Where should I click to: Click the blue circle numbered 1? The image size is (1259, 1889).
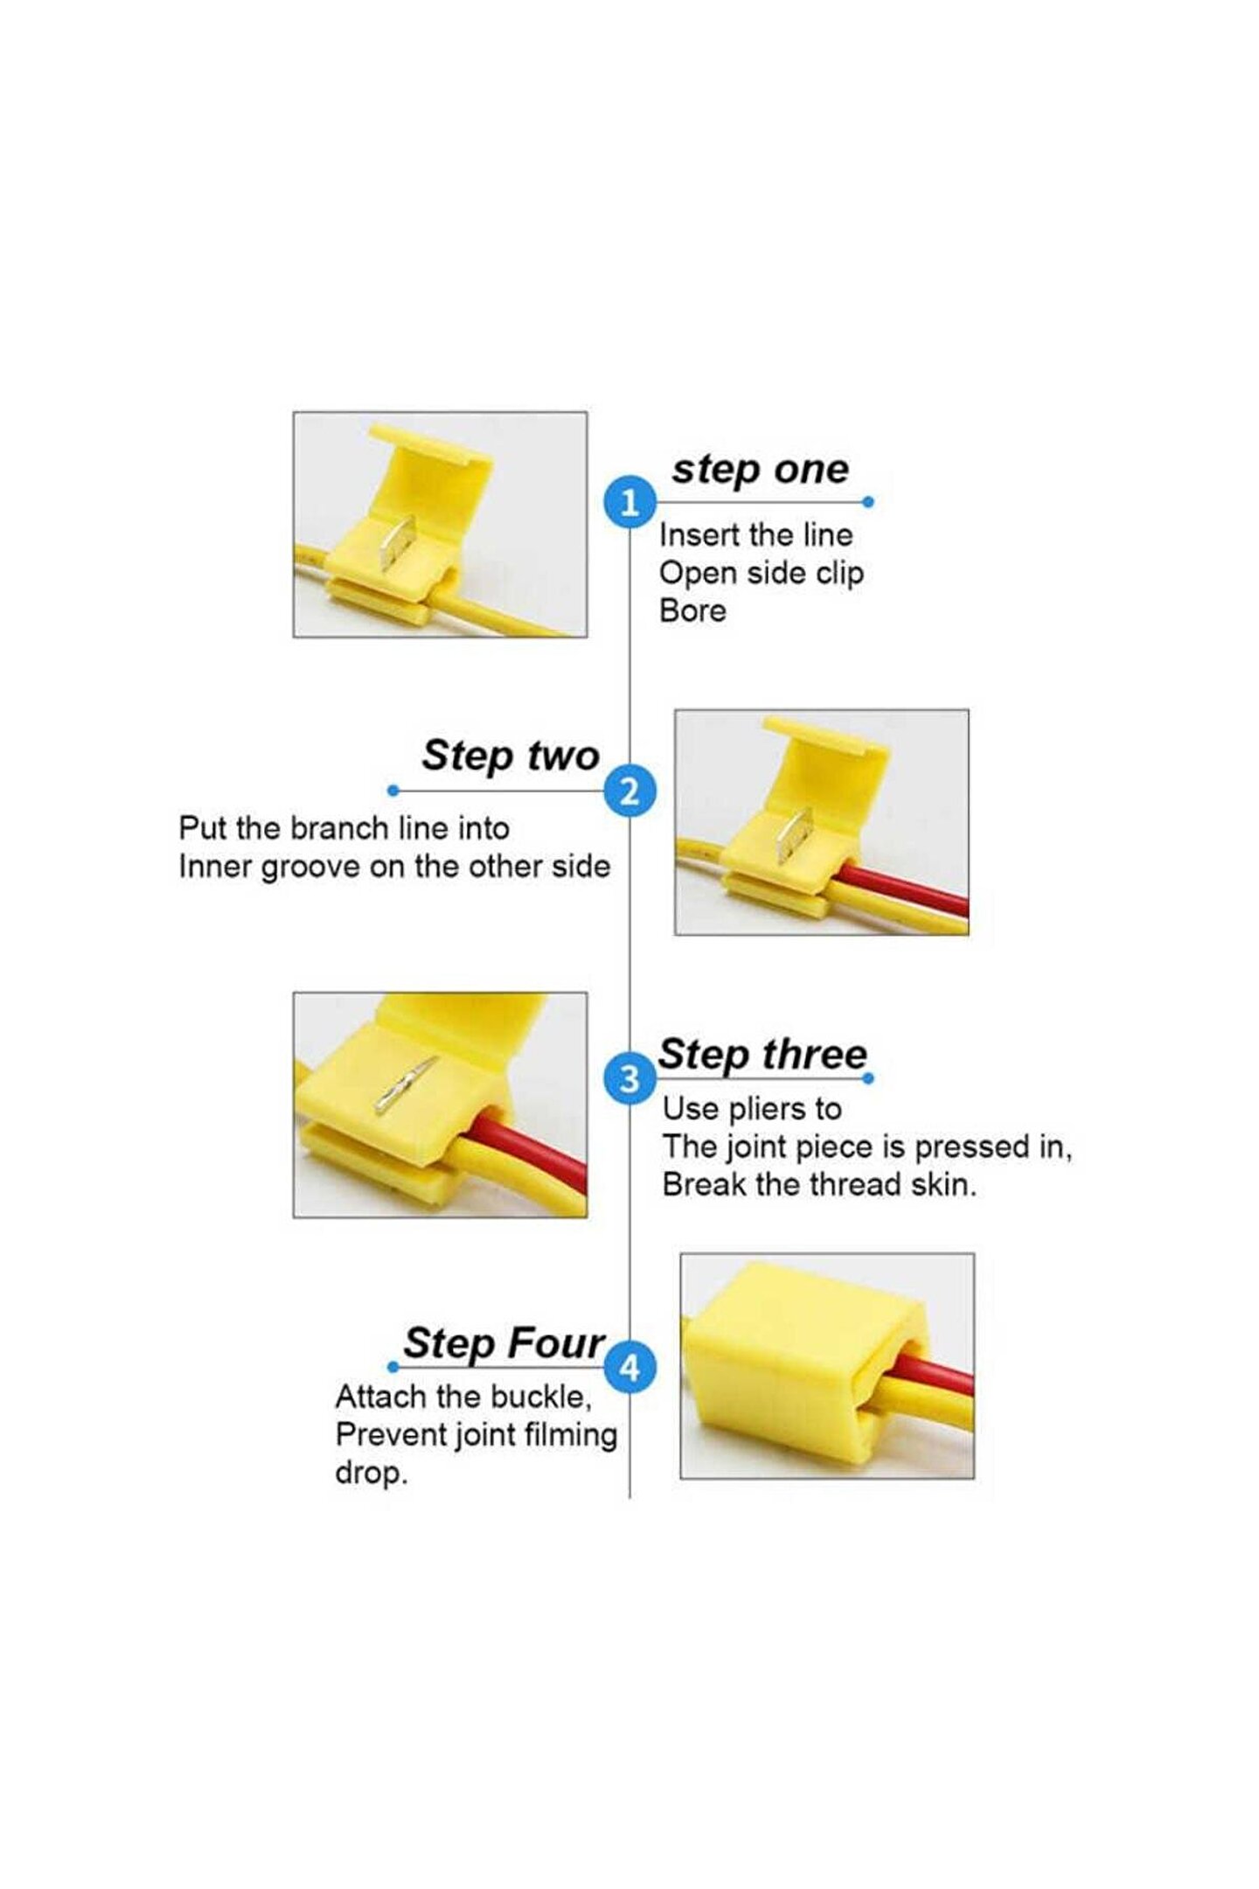(x=629, y=502)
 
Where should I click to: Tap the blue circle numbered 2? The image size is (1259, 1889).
(x=629, y=791)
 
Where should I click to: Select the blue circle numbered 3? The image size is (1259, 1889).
(x=629, y=1078)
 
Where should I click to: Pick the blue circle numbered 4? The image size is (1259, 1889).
(x=629, y=1367)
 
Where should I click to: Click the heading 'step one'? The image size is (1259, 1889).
(x=760, y=471)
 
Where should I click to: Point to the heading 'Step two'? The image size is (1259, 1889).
(x=511, y=756)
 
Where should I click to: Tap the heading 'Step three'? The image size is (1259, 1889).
(x=762, y=1054)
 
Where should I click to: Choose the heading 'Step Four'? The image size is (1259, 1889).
(x=504, y=1342)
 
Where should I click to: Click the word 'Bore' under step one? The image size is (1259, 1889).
(x=692, y=610)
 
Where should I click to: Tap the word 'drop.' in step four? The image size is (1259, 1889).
(x=372, y=1473)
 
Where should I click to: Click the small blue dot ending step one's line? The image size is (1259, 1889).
(x=868, y=502)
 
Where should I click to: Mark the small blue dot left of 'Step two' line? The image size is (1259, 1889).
(x=393, y=791)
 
